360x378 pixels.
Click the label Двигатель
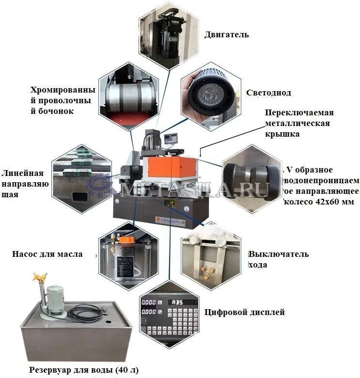point(226,34)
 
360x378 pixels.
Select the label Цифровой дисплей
point(244,312)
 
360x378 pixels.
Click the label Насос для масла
point(47,254)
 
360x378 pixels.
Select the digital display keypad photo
point(169,315)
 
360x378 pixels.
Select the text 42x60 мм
point(334,202)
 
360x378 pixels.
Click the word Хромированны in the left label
point(63,90)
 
